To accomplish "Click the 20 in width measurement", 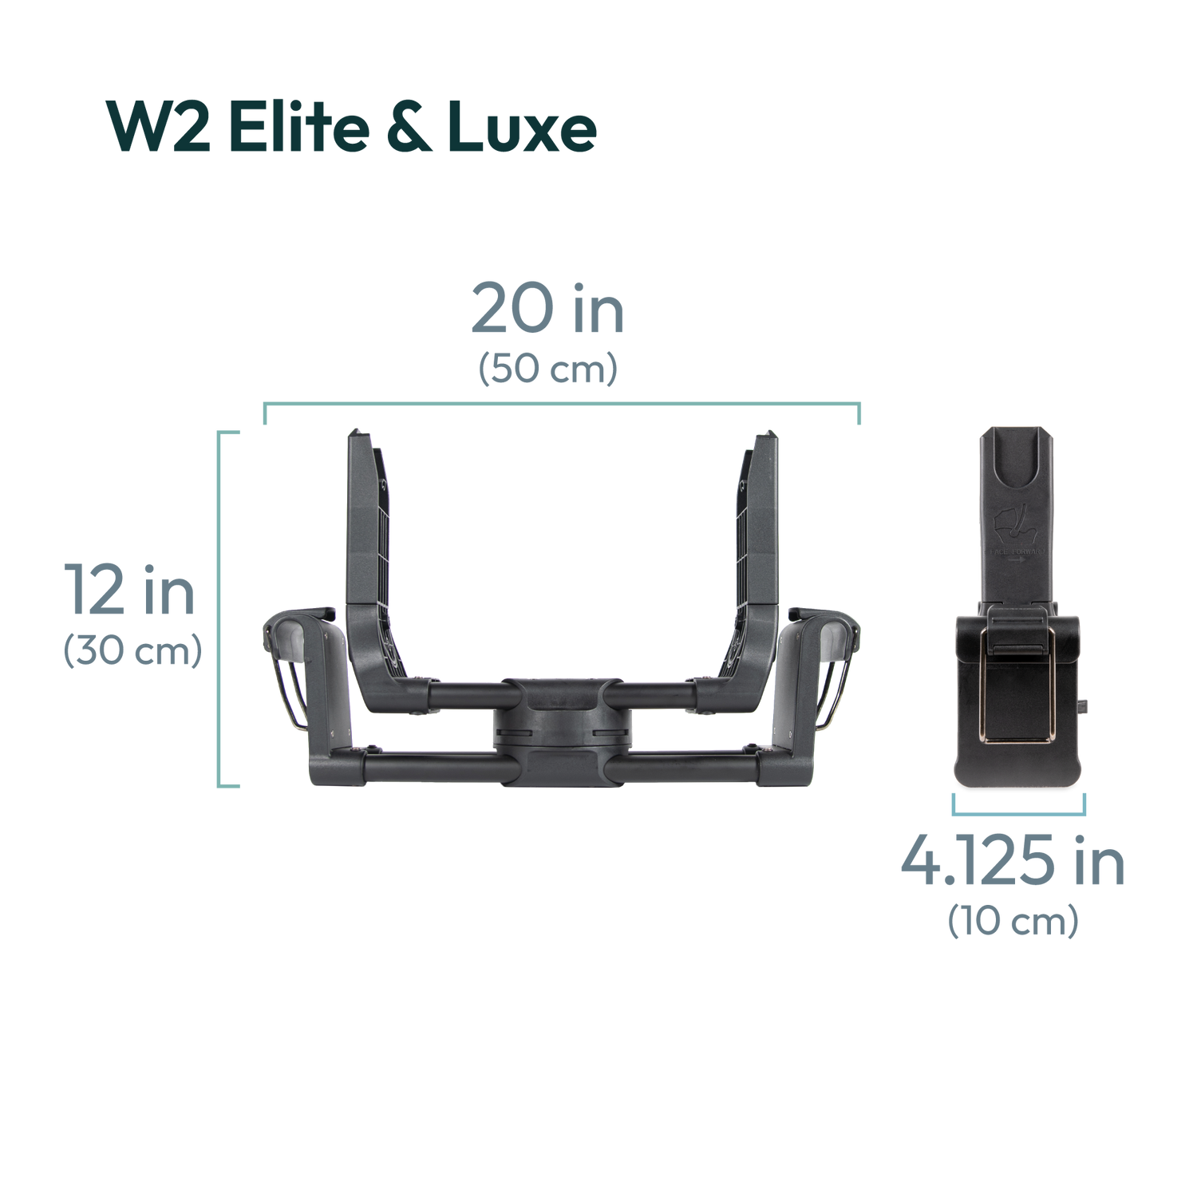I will [x=547, y=311].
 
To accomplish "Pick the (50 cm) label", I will [x=547, y=369].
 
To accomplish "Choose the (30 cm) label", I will [x=132, y=653].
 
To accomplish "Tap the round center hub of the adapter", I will [x=563, y=723].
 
